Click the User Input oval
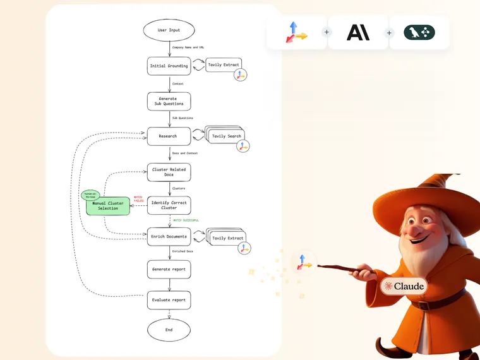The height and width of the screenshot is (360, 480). (169, 30)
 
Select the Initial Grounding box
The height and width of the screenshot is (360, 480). (169, 66)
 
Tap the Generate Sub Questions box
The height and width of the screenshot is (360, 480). (169, 101)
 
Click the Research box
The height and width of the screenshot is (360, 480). (169, 136)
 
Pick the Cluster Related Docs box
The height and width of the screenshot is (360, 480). (169, 172)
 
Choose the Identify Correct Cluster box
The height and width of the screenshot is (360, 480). (169, 205)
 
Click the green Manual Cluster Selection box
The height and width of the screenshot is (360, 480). (108, 205)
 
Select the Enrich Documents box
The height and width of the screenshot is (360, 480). (169, 237)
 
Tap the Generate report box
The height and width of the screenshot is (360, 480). (169, 269)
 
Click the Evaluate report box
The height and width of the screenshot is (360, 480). (169, 300)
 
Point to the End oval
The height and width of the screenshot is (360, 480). (169, 330)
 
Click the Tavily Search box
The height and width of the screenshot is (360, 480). (226, 136)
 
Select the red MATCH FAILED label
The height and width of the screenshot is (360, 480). (138, 199)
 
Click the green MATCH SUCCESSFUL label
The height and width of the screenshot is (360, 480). (186, 220)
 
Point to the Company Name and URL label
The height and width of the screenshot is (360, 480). (188, 47)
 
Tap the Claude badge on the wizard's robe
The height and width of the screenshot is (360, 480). (404, 286)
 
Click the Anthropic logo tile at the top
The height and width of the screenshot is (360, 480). (358, 32)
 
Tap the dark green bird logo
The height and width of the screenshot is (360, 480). (419, 32)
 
